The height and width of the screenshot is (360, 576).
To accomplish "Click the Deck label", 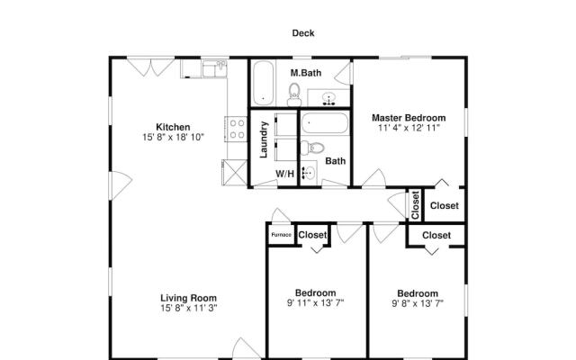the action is pyautogui.click(x=303, y=33).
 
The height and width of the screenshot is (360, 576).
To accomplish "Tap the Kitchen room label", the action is pyautogui.click(x=173, y=127).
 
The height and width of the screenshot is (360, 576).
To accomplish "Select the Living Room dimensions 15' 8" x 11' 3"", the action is pyautogui.click(x=189, y=308).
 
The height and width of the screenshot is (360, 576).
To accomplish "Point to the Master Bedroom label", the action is pyautogui.click(x=409, y=118).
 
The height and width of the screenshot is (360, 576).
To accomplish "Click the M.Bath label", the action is pyautogui.click(x=306, y=73).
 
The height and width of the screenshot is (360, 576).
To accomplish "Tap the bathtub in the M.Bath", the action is pyautogui.click(x=264, y=83).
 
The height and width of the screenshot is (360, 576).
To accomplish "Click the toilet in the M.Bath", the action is pyautogui.click(x=294, y=94).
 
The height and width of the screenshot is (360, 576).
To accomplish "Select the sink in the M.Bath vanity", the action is pyautogui.click(x=328, y=98).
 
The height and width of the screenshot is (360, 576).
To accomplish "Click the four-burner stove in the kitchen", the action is pyautogui.click(x=236, y=129).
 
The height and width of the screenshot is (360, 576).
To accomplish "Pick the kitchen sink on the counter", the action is pyautogui.click(x=214, y=69).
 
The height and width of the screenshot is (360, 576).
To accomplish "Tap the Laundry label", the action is pyautogui.click(x=264, y=139).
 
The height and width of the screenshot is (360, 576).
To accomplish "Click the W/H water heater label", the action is pyautogui.click(x=285, y=174).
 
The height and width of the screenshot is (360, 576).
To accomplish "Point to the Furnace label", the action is pyautogui.click(x=282, y=235).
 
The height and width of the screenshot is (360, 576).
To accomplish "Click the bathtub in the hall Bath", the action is pyautogui.click(x=325, y=123).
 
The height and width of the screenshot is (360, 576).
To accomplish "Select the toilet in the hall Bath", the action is pyautogui.click(x=312, y=148).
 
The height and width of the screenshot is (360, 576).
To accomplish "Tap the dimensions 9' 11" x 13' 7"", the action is pyautogui.click(x=315, y=303).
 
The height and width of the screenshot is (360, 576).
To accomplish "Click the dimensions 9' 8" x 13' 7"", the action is pyautogui.click(x=418, y=303).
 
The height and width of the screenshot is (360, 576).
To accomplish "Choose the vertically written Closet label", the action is pyautogui.click(x=415, y=205).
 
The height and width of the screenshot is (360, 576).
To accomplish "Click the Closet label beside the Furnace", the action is pyautogui.click(x=312, y=235).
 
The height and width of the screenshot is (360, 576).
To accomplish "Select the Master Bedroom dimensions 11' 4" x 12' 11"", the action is pyautogui.click(x=409, y=128).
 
